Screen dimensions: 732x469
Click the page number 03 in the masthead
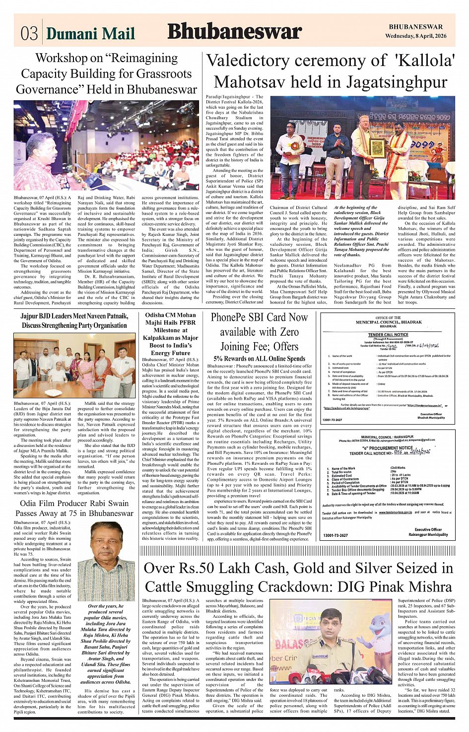click(x=29, y=33)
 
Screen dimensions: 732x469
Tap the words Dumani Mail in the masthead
click(x=90, y=33)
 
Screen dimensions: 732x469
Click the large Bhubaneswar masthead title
click(x=234, y=32)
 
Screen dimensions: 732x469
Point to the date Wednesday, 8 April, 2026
click(x=415, y=36)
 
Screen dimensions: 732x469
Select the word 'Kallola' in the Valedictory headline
click(x=425, y=61)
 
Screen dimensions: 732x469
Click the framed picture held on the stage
click(x=377, y=147)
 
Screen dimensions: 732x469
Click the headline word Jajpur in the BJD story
click(x=30, y=316)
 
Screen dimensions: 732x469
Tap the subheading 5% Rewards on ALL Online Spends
click(x=259, y=358)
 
